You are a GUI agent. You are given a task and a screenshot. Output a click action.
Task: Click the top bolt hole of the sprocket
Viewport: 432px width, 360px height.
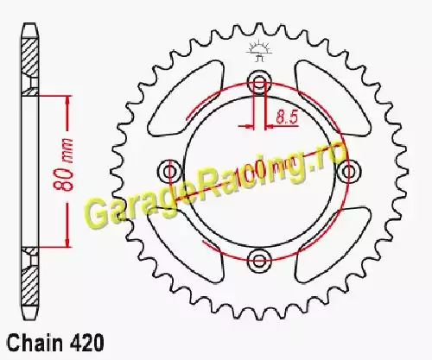(x=260, y=82)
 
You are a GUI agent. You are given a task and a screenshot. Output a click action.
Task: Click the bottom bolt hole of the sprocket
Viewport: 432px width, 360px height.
(x=260, y=261)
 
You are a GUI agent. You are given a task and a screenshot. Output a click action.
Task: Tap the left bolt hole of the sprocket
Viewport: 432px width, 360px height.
(x=171, y=172)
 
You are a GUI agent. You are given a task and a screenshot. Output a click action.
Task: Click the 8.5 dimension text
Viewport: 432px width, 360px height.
(x=287, y=117)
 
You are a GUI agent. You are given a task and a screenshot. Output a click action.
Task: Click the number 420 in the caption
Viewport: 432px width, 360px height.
(x=86, y=343)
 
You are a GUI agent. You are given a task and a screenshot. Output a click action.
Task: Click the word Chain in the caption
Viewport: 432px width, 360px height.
(x=35, y=343)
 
